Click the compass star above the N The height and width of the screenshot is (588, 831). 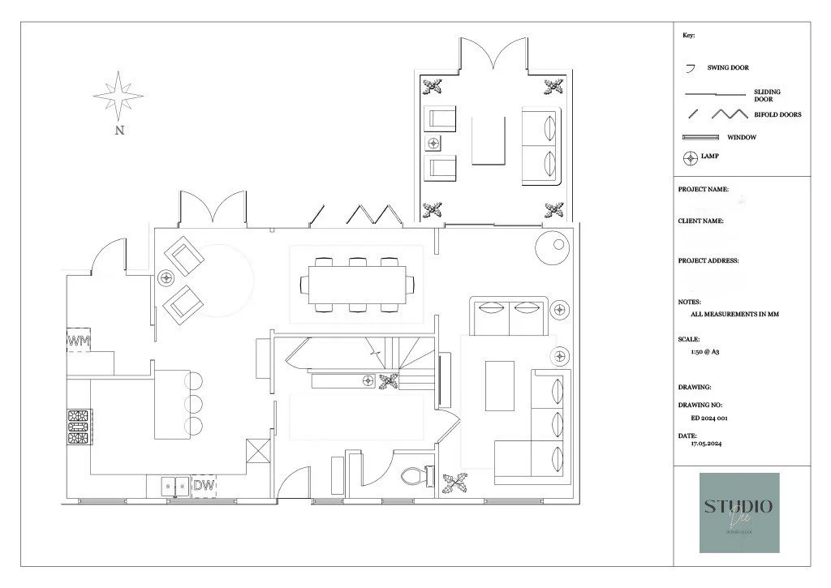click(x=118, y=96)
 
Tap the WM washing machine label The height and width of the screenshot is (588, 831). click(x=79, y=341)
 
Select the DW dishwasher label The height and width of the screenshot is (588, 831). click(x=205, y=486)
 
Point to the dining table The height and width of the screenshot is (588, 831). click(x=356, y=284)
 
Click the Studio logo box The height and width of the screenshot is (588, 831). click(x=738, y=513)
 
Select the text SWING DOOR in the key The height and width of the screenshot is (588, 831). click(x=728, y=68)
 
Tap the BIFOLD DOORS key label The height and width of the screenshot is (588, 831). click(x=777, y=115)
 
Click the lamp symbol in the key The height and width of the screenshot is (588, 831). click(x=691, y=157)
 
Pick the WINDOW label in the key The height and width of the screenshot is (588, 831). click(x=741, y=137)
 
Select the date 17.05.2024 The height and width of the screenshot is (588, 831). click(x=706, y=444)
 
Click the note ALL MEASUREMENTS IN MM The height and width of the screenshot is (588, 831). click(x=728, y=313)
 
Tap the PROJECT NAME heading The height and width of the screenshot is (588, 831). click(x=703, y=189)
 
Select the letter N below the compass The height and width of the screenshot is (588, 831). click(x=119, y=129)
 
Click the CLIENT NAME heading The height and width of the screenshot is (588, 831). click(x=700, y=221)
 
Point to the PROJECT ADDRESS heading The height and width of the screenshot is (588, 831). click(x=708, y=261)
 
